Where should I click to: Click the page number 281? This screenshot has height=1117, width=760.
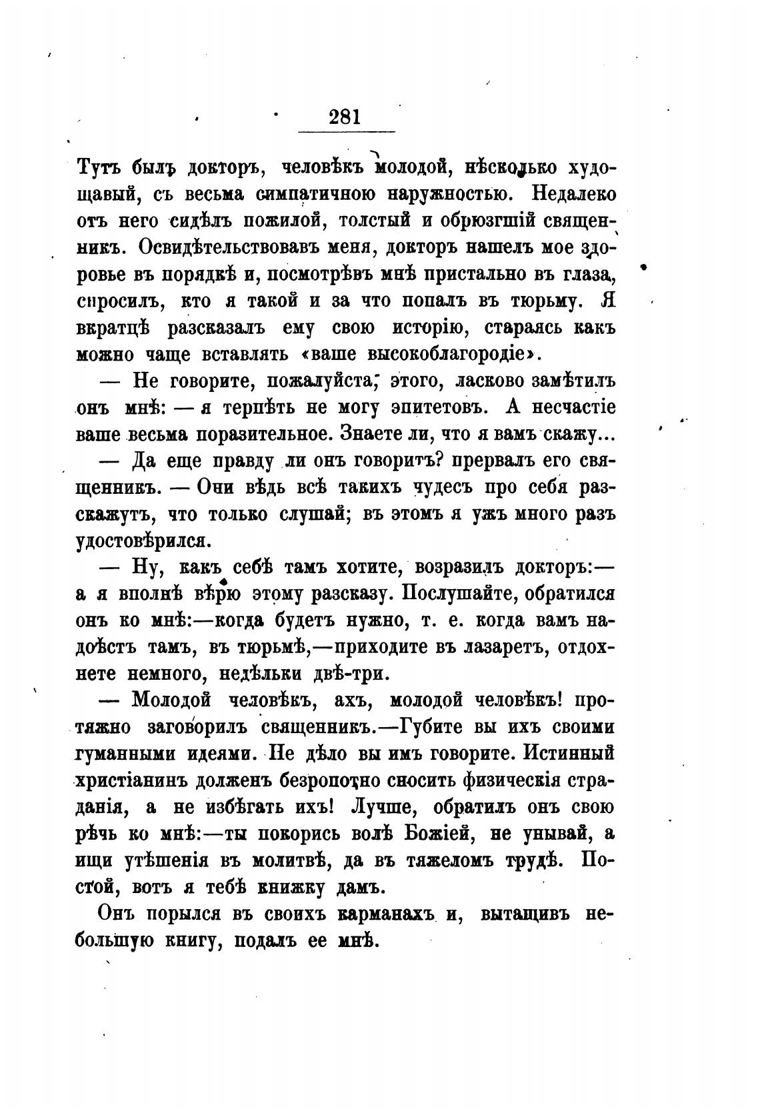click(345, 117)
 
